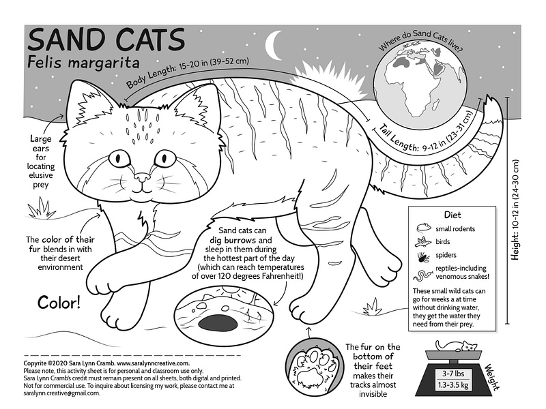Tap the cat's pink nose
[143, 179]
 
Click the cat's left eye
[121, 158]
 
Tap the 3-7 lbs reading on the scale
[454, 374]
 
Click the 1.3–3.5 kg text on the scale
[454, 387]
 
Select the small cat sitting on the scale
[466, 350]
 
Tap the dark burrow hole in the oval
[220, 321]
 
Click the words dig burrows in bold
[239, 241]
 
